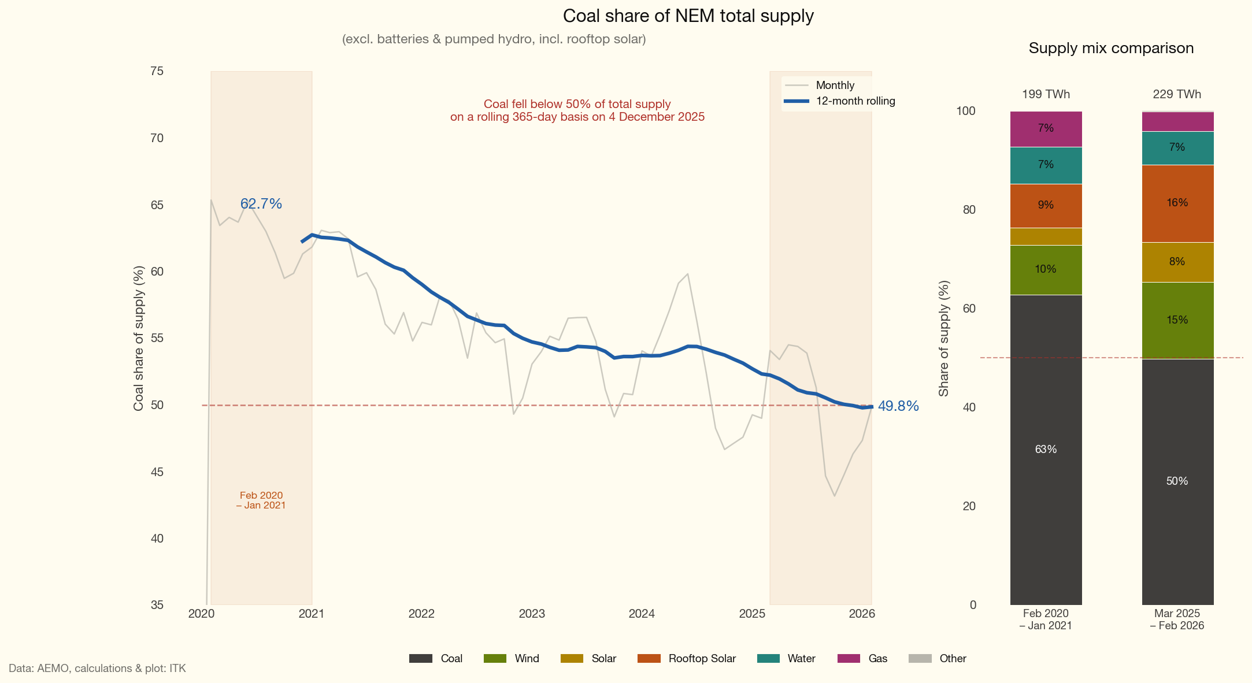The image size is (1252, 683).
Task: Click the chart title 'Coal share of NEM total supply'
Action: (x=688, y=16)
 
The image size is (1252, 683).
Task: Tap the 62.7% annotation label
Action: (x=261, y=204)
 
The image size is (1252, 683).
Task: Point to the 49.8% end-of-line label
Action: (x=898, y=406)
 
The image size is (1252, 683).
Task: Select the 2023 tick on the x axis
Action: (x=531, y=614)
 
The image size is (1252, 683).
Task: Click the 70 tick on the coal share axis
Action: (x=157, y=138)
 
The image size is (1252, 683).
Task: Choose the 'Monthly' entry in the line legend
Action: (x=835, y=86)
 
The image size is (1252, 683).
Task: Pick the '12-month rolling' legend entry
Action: (x=855, y=101)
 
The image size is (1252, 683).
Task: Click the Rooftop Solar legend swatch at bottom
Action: (x=649, y=659)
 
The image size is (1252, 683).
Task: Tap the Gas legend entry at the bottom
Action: (x=877, y=659)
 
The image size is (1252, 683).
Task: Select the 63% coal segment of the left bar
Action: (x=1046, y=450)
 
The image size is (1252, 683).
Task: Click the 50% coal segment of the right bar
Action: (x=1177, y=481)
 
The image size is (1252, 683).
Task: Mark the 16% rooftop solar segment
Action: (x=1177, y=203)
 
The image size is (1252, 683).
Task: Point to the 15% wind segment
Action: (x=1177, y=320)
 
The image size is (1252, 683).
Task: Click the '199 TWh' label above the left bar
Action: (x=1046, y=94)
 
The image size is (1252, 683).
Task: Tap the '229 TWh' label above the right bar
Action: (x=1177, y=94)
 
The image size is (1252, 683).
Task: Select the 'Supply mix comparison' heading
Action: (x=1110, y=49)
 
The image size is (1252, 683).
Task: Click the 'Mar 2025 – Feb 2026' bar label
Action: (x=1177, y=619)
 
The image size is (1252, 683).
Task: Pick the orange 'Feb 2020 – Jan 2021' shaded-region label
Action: (x=261, y=500)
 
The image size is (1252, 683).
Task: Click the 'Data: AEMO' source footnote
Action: (x=97, y=669)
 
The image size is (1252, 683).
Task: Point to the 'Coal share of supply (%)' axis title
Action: (x=139, y=338)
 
